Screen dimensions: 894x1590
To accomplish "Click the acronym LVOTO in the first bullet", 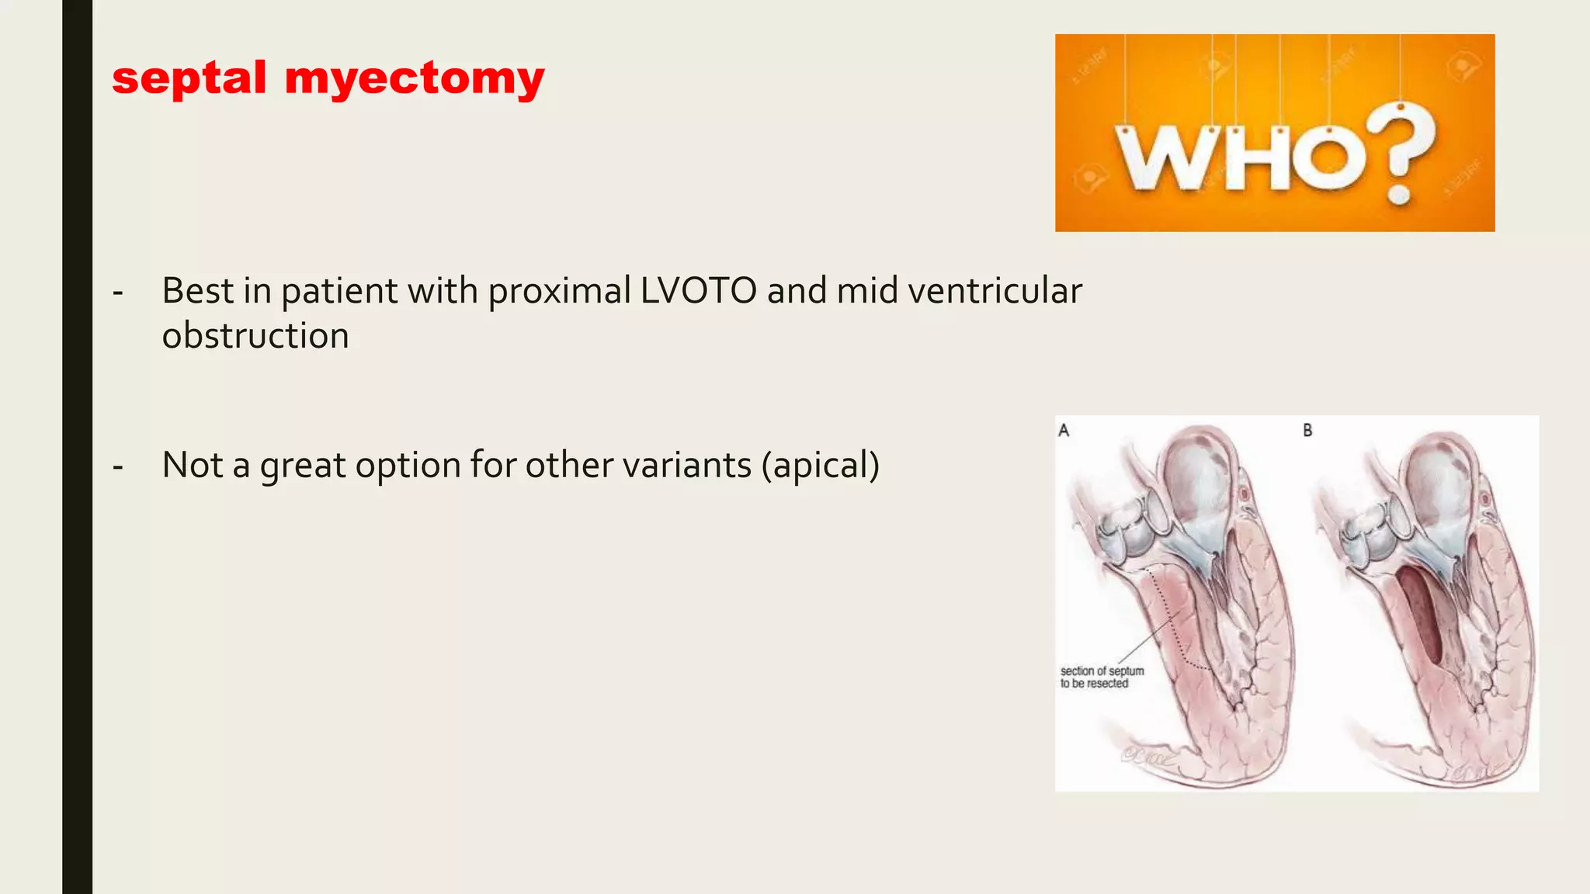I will coord(698,291).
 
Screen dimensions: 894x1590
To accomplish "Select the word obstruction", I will coord(255,336).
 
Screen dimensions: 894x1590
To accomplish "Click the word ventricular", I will coord(995,291).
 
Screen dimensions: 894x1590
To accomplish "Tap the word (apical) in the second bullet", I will coord(821,466).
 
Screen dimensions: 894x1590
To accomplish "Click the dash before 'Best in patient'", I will coord(118,293).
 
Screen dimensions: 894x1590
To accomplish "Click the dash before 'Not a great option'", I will coord(118,467).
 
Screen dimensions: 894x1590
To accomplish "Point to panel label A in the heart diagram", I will coord(1064,430).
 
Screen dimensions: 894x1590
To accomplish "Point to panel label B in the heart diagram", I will coord(1307,430).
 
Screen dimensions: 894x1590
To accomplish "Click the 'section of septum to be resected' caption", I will coord(1102,677).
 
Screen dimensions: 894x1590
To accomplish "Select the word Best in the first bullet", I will coord(197,291).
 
